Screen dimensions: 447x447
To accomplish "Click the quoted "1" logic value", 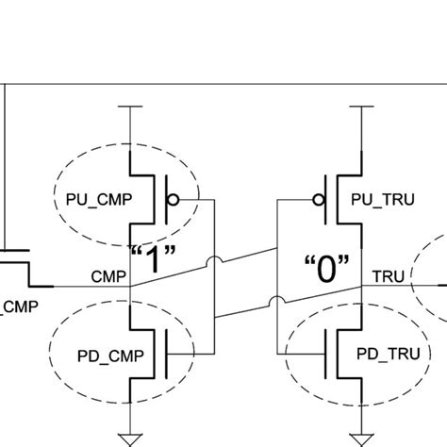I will pos(151,259).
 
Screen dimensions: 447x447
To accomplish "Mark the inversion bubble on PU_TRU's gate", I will pos(320,199).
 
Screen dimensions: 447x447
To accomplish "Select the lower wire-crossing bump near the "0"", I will pos(273,304).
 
